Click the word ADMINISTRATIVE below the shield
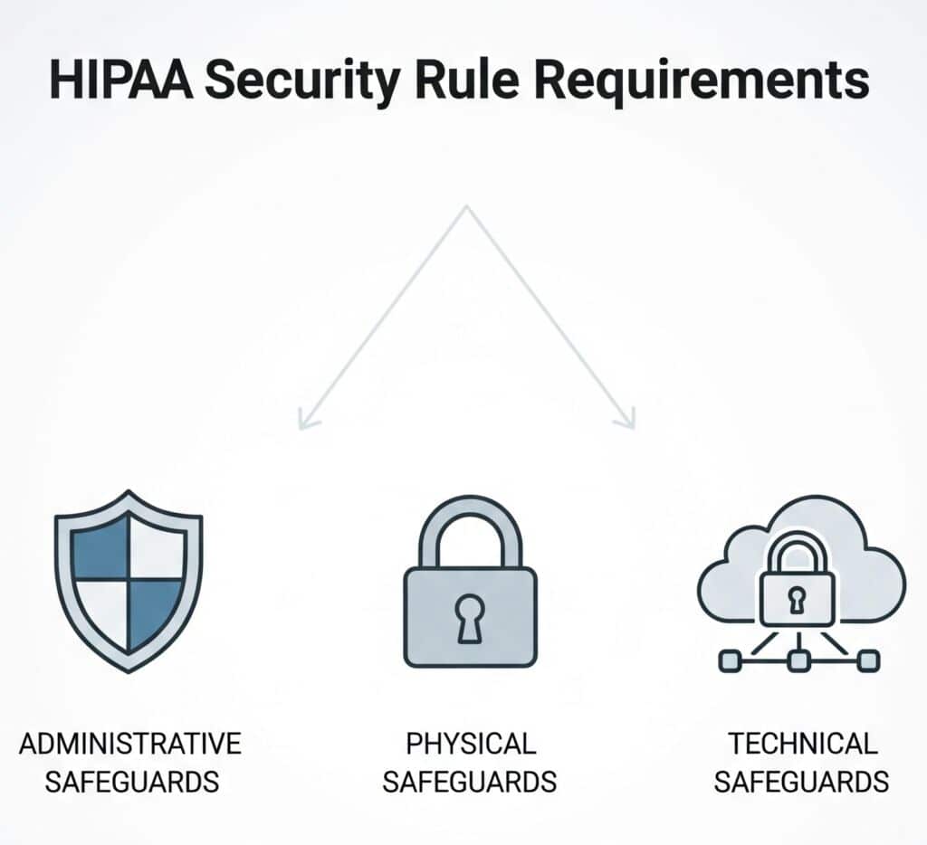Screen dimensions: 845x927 [x=130, y=744]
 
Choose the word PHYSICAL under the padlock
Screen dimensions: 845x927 [x=471, y=744]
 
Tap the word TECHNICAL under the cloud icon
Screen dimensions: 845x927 [x=803, y=744]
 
